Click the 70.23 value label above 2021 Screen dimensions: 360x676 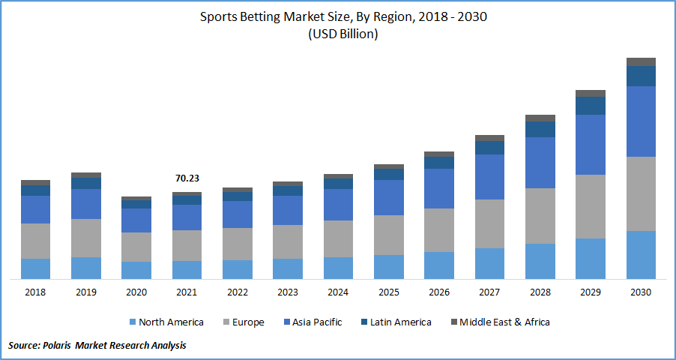tap(187, 178)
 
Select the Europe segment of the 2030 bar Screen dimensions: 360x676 tap(641, 193)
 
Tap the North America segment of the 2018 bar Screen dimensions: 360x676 tap(35, 268)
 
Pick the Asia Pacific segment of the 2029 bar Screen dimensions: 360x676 tap(591, 145)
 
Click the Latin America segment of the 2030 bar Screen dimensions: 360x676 tap(641, 76)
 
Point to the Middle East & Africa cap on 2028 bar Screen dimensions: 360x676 tap(540, 118)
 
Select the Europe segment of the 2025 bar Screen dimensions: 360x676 tap(388, 235)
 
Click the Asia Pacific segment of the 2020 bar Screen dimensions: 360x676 tap(136, 220)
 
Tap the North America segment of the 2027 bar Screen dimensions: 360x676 tap(489, 263)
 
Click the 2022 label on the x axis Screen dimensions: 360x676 tap(237, 292)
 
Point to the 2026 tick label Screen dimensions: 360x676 tap(438, 292)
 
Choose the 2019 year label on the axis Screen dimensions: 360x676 tap(85, 292)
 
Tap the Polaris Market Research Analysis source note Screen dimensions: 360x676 tap(97, 346)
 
